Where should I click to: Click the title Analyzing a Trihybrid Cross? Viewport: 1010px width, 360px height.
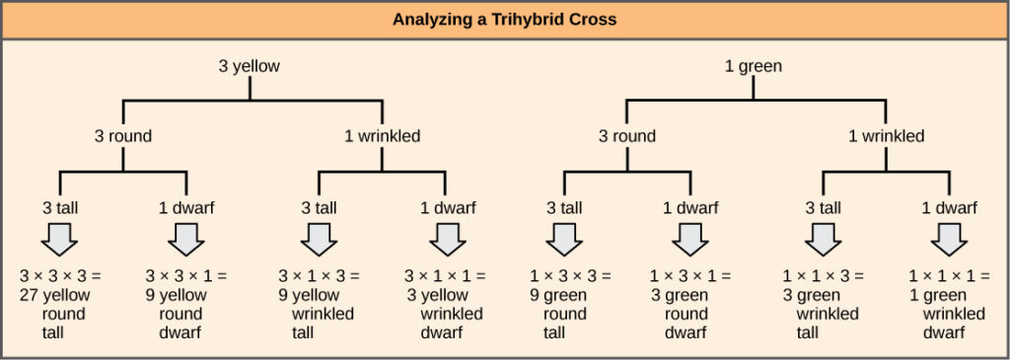click(504, 19)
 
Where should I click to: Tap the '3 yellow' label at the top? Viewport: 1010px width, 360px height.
click(249, 68)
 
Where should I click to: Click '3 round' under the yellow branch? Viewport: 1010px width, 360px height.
click(122, 136)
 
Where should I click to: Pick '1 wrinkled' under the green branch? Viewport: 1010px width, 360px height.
click(887, 136)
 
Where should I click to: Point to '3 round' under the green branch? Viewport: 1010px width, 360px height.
click(627, 136)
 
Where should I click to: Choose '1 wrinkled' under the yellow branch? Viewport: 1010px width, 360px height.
click(383, 136)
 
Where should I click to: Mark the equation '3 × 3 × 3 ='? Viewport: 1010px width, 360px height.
click(59, 275)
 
